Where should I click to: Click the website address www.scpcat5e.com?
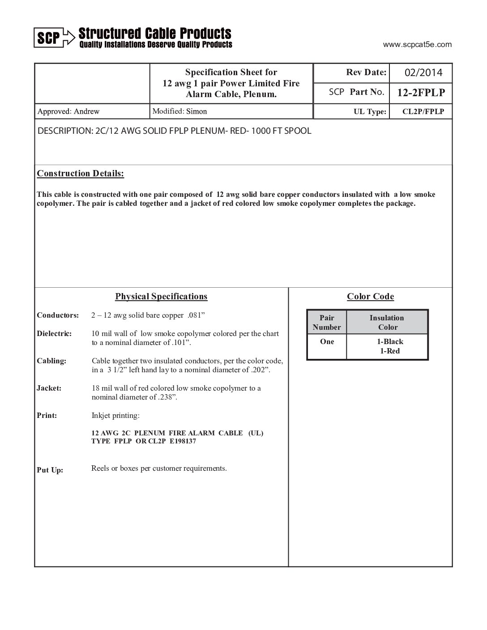[417, 44]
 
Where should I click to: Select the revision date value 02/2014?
[423, 72]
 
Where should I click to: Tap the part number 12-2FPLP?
[421, 93]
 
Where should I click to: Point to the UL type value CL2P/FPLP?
[423, 111]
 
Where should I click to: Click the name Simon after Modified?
[197, 111]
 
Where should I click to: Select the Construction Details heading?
[81, 173]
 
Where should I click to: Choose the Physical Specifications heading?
[161, 296]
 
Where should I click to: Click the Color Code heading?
[370, 296]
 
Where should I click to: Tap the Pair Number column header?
[327, 322]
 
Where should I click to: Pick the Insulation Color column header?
[387, 322]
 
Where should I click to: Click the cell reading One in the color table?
[327, 341]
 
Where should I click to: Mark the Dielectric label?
[54, 333]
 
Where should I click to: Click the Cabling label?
[51, 361]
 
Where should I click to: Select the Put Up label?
[50, 470]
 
